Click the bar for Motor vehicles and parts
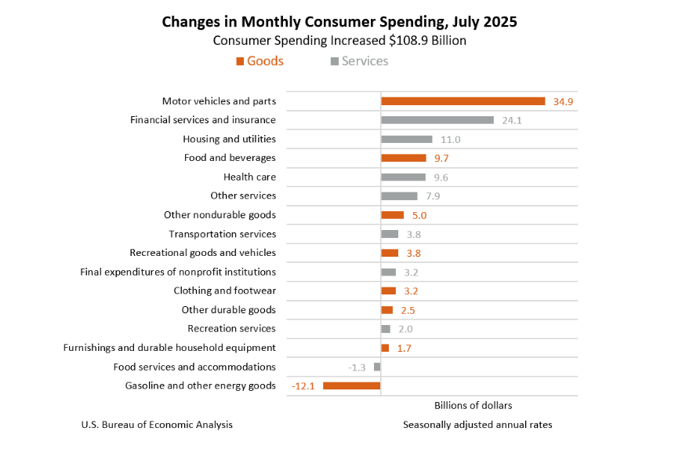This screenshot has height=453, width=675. pyautogui.click(x=463, y=101)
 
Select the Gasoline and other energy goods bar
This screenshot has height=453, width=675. pyautogui.click(x=351, y=385)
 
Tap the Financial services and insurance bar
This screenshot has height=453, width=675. pyautogui.click(x=437, y=120)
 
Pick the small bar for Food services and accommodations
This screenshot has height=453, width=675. pyautogui.click(x=377, y=367)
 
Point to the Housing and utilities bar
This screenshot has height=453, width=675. pyautogui.click(x=406, y=139)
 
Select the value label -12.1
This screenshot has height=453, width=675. pyautogui.click(x=303, y=385)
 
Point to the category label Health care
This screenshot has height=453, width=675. pyautogui.click(x=249, y=177)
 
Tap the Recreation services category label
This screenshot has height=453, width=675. pyautogui.click(x=231, y=328)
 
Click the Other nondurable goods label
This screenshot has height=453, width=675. pyautogui.click(x=220, y=214)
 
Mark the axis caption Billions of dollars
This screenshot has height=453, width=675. pyautogui.click(x=473, y=405)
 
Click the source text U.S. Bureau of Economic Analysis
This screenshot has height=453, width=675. pyautogui.click(x=157, y=425)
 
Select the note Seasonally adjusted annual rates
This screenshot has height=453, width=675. pyautogui.click(x=477, y=425)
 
